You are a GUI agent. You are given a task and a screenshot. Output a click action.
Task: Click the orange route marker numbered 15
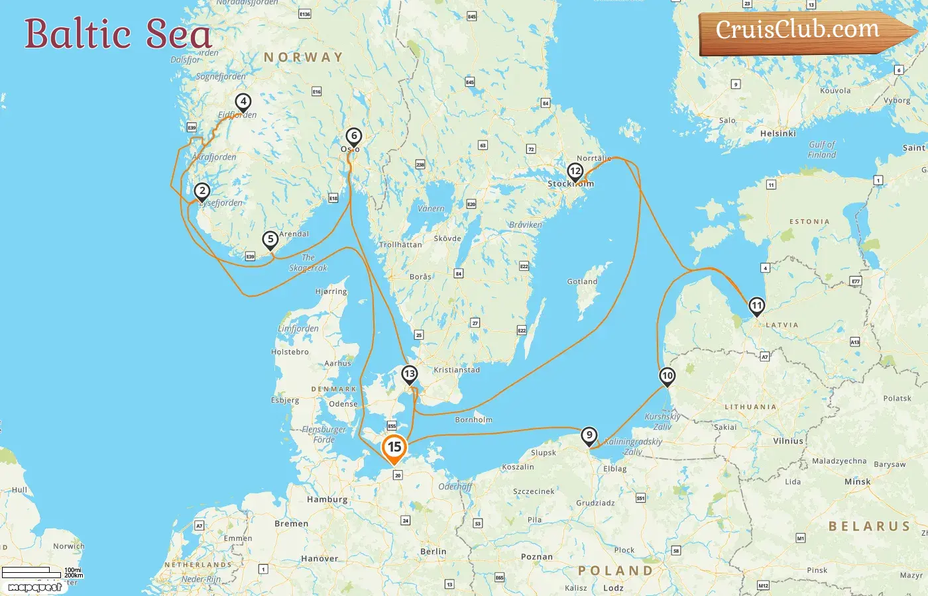tap(394, 448)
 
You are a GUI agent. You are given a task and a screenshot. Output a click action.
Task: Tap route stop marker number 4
tap(243, 102)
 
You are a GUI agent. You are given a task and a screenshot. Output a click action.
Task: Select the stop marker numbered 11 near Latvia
tap(756, 306)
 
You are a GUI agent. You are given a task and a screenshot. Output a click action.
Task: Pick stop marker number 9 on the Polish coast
tap(589, 436)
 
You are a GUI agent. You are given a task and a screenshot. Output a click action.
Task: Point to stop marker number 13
tap(410, 374)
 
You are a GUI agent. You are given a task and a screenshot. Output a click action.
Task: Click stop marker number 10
tap(667, 376)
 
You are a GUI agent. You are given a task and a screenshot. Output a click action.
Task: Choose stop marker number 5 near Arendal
tap(270, 240)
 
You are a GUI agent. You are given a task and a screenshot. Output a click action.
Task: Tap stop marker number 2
tap(202, 191)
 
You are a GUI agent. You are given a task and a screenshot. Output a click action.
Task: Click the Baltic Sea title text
tap(118, 34)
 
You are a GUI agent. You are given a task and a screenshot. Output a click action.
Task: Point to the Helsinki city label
tap(778, 133)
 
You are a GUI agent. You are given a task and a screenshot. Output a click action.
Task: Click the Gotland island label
tap(582, 281)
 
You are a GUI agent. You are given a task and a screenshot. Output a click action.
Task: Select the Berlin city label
tap(433, 551)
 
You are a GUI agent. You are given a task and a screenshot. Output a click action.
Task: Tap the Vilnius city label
tap(787, 441)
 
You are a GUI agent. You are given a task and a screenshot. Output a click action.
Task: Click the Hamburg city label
tap(327, 499)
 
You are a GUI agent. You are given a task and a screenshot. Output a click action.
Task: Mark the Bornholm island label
tap(473, 420)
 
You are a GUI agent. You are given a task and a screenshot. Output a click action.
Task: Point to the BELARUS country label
tap(869, 526)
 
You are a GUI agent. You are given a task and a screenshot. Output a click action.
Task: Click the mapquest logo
tap(34, 587)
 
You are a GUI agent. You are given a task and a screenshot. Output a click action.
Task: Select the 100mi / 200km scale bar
tap(42, 572)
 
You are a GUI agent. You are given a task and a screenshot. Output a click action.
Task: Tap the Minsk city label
tap(857, 481)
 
